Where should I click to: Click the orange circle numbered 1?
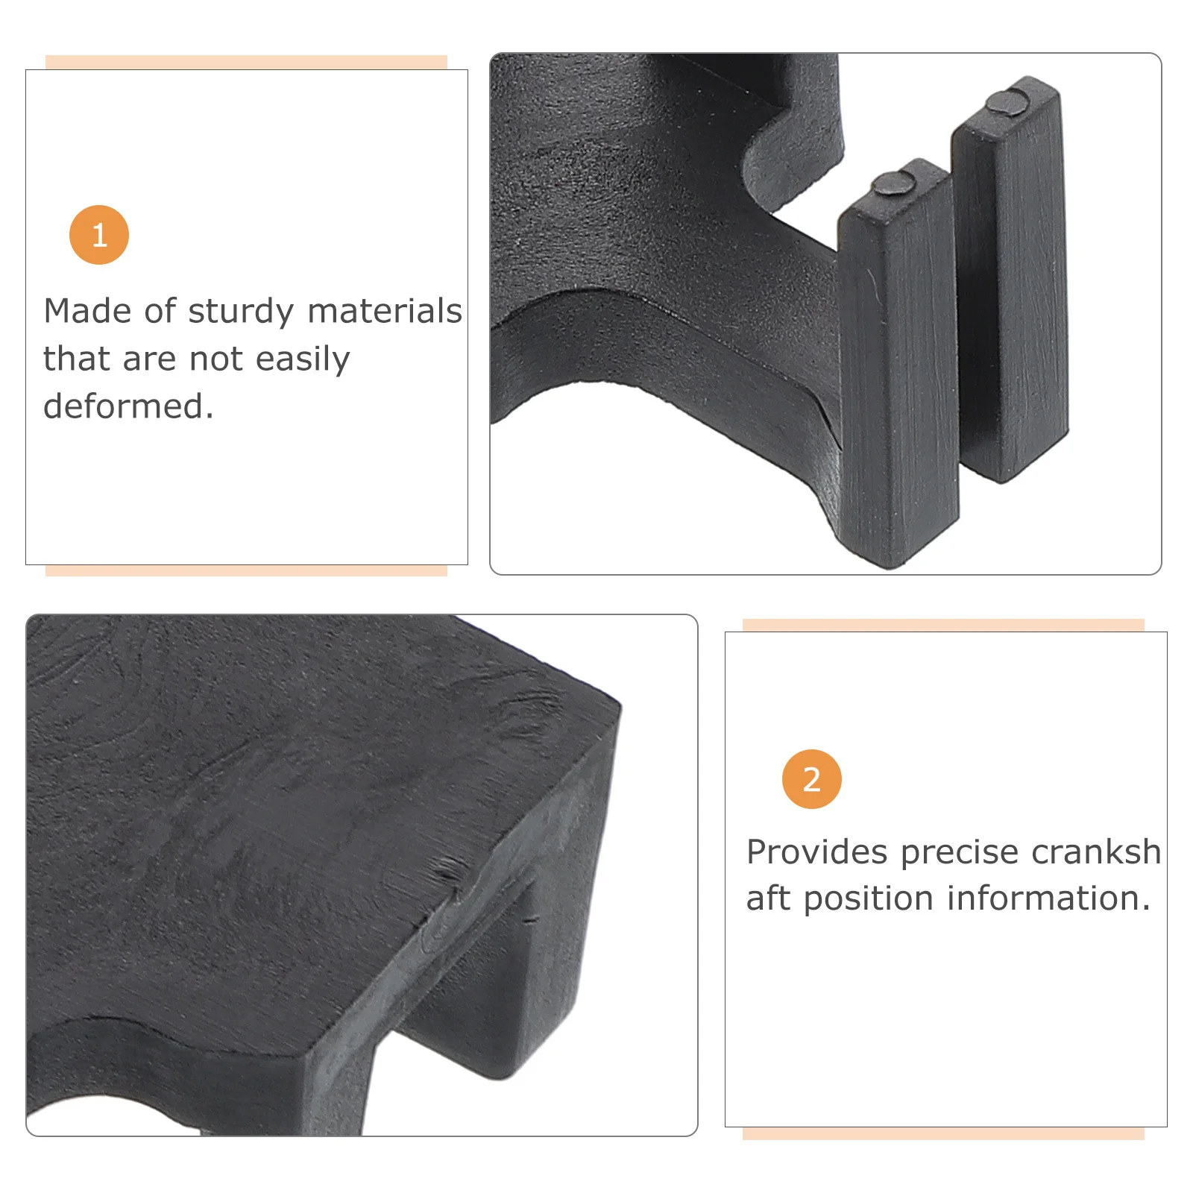[x=99, y=235]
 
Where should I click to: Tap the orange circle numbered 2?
[x=811, y=779]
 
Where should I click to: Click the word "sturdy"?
[x=241, y=312]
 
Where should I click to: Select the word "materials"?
[x=385, y=311]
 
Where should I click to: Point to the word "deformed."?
[x=128, y=406]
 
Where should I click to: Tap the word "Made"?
[x=88, y=311]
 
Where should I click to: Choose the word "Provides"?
[x=817, y=852]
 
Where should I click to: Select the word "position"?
[x=869, y=899]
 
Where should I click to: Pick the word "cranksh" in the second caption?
[x=1096, y=852]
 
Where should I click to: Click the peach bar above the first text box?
[x=246, y=63]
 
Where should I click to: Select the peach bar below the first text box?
[x=246, y=570]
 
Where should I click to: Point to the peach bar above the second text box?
[x=943, y=625]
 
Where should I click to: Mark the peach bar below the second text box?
[x=943, y=1133]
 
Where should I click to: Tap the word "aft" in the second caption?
[x=769, y=898]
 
